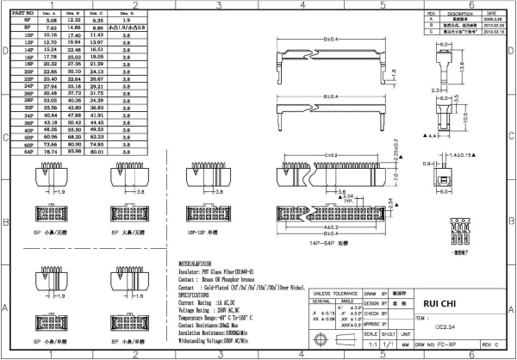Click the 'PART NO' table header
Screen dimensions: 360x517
[24, 15]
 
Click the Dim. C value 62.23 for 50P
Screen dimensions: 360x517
[97, 137]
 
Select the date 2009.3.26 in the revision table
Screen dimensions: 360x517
[495, 21]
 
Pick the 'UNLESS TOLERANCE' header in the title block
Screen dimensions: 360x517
[335, 293]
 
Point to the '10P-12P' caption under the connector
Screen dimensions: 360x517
[198, 233]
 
